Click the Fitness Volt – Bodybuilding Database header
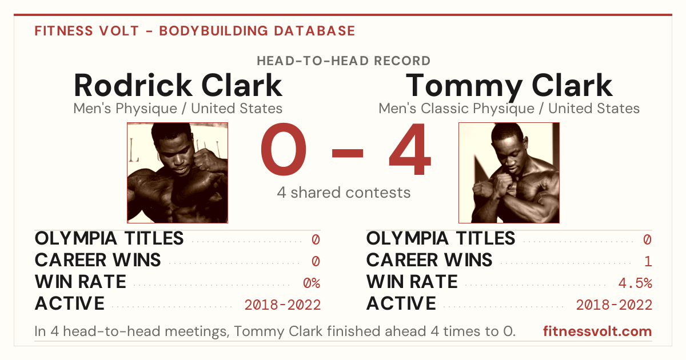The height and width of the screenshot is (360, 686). tap(195, 31)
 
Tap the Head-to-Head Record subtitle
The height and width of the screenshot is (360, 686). tap(344, 61)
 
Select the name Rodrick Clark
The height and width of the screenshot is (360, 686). tap(178, 85)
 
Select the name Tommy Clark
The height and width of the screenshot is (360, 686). tap(509, 86)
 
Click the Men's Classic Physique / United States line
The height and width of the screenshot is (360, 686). tap(509, 109)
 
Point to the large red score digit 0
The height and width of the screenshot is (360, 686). tap(284, 149)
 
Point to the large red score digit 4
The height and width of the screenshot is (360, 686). tap(410, 149)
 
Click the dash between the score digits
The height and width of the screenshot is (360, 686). tap(348, 153)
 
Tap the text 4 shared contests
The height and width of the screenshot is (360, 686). tap(344, 193)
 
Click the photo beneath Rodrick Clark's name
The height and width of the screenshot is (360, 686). tap(178, 173)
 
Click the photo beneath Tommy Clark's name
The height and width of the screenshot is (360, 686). tap(509, 173)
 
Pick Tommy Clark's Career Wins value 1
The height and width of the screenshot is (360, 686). tap(648, 262)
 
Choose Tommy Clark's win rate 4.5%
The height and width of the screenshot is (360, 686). tap(635, 283)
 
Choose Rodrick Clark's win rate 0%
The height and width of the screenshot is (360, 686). tap(312, 283)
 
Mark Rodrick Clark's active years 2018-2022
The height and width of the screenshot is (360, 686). tap(282, 305)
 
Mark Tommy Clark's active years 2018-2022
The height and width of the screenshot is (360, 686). tap(614, 305)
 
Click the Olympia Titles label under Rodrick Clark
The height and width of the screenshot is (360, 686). tap(109, 238)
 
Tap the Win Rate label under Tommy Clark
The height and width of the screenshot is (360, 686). tap(412, 282)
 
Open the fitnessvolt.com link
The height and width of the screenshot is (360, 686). tap(597, 331)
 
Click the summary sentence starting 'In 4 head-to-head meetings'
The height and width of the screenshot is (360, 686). tap(275, 331)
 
